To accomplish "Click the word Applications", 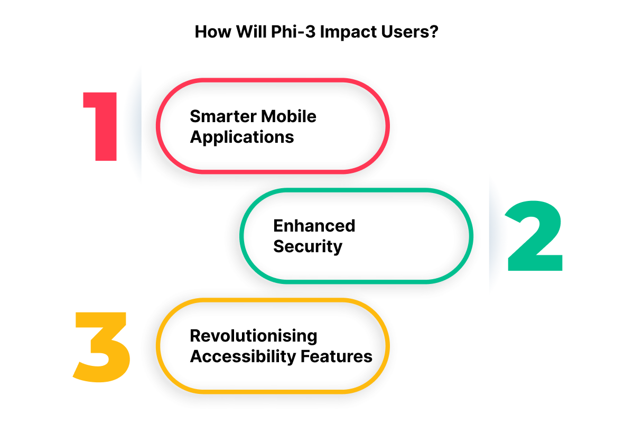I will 242,137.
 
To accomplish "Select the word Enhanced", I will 314,226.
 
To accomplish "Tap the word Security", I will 307,246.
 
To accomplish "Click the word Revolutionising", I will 254,336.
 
